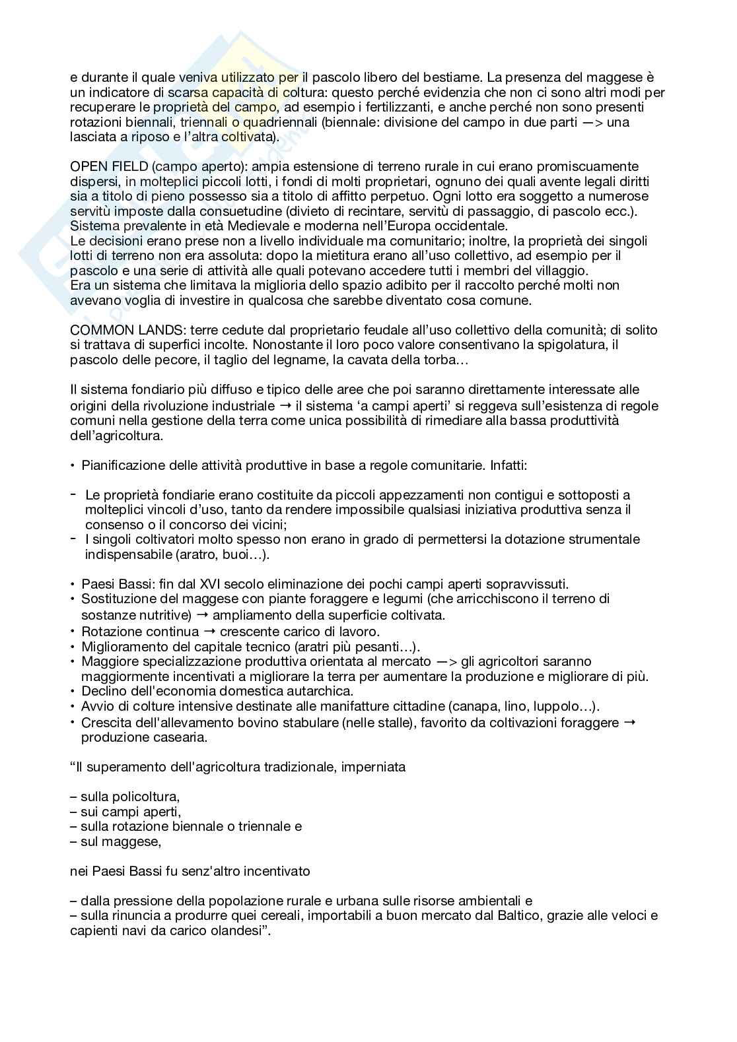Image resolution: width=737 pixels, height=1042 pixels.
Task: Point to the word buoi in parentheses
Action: coord(231,554)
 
